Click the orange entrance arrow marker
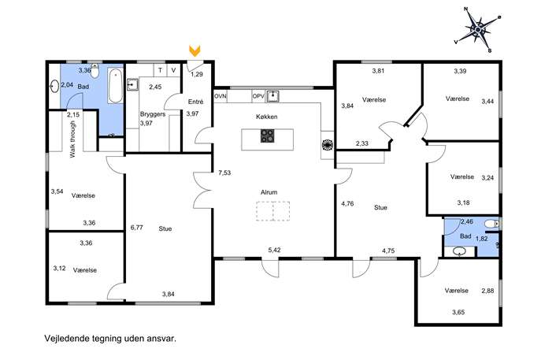point(195,50)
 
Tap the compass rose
point(478,30)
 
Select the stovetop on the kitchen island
point(268,135)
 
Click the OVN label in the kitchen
point(220,96)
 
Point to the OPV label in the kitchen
point(258,96)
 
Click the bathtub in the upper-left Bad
point(115,86)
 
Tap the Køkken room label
point(267,117)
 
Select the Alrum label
point(269,192)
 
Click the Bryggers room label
point(153,114)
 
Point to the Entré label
point(195,102)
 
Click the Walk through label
point(72,139)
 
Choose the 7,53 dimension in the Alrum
point(224,173)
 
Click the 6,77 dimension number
point(137,228)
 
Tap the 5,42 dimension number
point(274,250)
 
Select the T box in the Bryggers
point(160,70)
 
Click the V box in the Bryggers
point(173,70)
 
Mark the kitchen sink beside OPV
point(273,96)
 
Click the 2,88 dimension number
point(488,291)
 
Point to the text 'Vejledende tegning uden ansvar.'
point(110,338)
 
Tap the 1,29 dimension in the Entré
point(197,74)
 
